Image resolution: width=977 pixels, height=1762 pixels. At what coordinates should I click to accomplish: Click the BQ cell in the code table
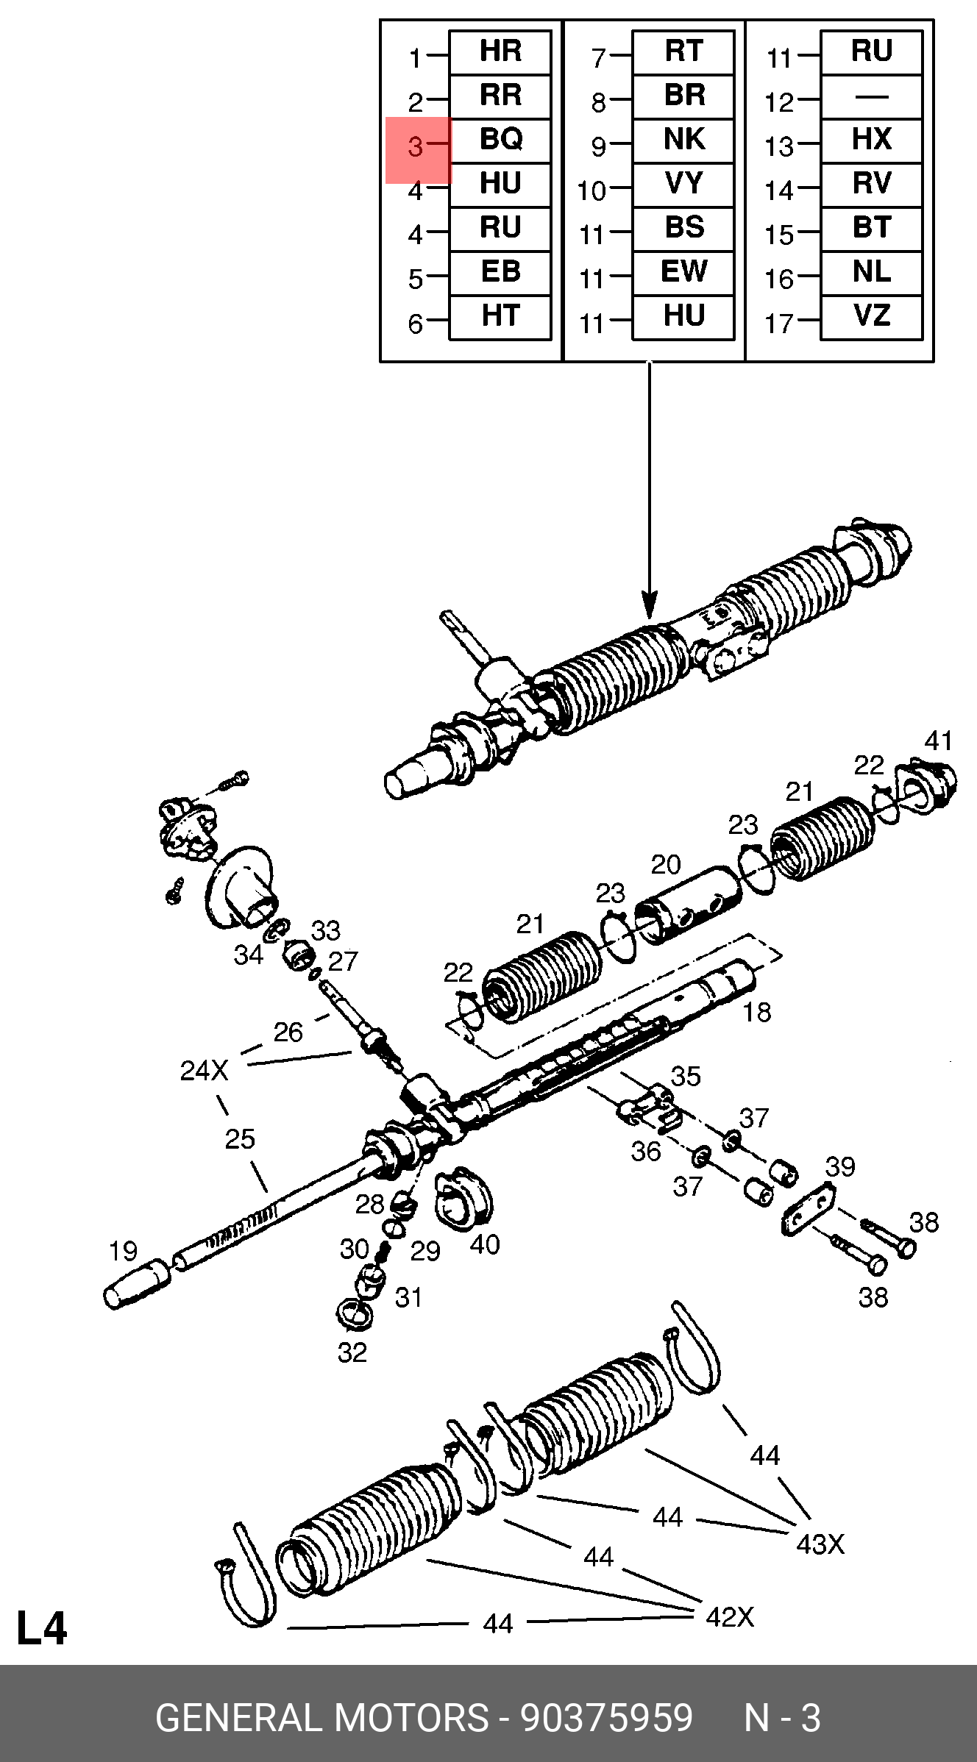[x=500, y=140]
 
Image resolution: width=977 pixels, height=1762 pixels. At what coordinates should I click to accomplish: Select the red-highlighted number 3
[x=416, y=147]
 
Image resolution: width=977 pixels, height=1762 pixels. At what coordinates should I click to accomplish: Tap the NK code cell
[x=683, y=140]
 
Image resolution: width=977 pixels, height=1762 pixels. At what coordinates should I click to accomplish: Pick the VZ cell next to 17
[x=871, y=316]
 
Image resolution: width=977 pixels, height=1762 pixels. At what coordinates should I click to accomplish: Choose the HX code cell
[x=871, y=140]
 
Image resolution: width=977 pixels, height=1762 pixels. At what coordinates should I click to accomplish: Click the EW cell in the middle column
[x=683, y=272]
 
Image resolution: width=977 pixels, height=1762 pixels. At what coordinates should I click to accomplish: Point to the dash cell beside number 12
[x=871, y=96]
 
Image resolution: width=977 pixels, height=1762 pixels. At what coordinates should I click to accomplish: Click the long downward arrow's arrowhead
[x=649, y=607]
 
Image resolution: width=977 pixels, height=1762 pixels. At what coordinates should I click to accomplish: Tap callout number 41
[x=939, y=741]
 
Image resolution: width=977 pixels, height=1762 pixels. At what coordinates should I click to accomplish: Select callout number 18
[x=756, y=1013]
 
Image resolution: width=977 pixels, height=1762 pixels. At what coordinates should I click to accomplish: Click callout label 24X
[x=204, y=1071]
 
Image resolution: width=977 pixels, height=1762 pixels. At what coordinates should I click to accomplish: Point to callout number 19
[x=123, y=1251]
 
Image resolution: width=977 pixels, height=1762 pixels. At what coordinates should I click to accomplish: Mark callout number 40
[x=485, y=1244]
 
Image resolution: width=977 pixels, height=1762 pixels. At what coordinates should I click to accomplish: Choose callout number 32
[x=352, y=1352]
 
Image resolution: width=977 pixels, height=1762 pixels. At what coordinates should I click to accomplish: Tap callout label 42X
[x=730, y=1617]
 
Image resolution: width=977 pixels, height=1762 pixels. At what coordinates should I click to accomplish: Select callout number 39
[x=840, y=1167]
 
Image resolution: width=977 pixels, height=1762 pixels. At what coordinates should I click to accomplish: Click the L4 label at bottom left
[x=42, y=1628]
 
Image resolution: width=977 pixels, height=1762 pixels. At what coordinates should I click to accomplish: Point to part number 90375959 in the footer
[x=606, y=1719]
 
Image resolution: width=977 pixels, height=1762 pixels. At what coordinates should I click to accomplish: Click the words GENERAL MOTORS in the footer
[x=321, y=1719]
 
